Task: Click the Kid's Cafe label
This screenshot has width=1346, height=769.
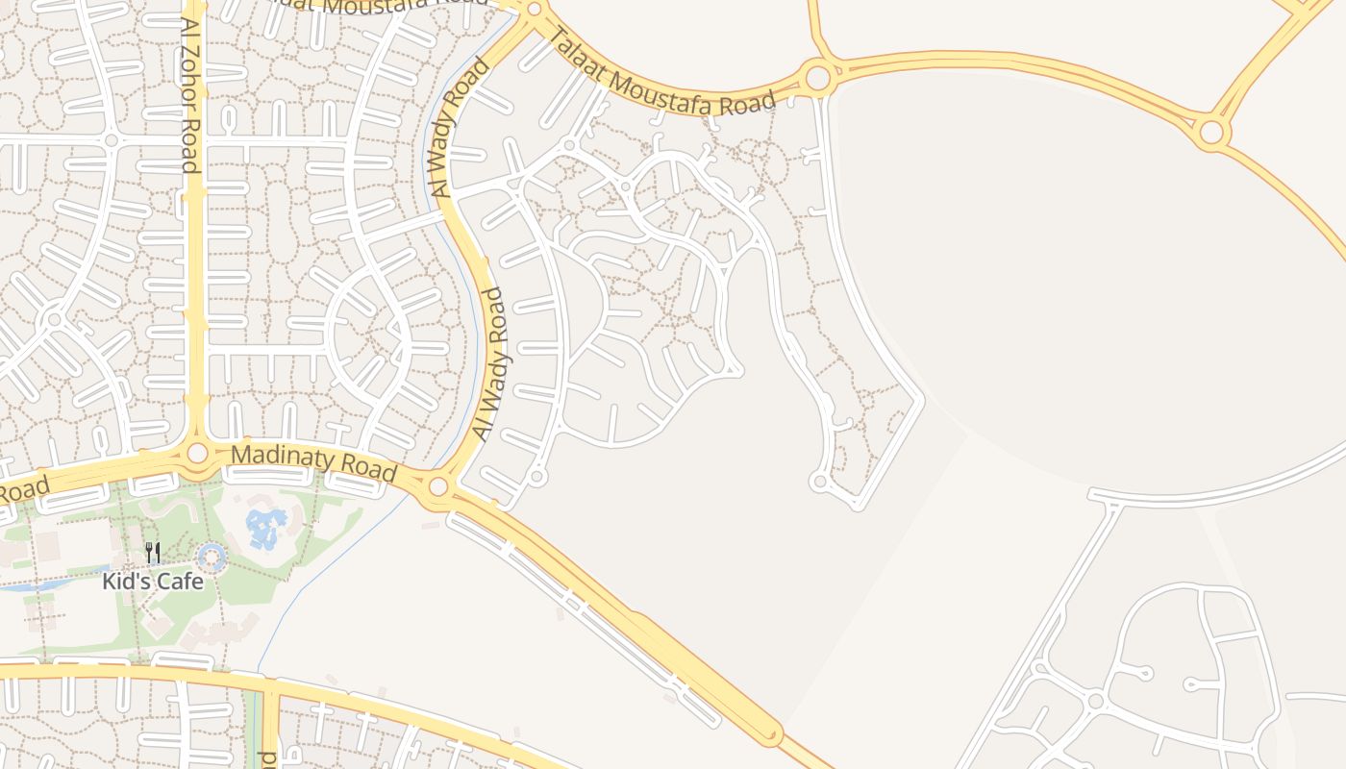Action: click(x=153, y=582)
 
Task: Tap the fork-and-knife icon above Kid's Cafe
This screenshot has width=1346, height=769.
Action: click(x=152, y=554)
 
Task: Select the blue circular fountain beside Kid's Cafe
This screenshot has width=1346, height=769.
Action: click(x=211, y=557)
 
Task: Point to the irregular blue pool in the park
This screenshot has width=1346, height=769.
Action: click(x=265, y=528)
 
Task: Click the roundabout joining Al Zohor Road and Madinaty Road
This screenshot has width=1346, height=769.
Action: click(x=197, y=452)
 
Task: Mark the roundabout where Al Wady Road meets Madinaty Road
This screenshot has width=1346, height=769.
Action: click(x=438, y=486)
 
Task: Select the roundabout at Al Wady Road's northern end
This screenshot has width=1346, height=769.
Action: click(x=535, y=10)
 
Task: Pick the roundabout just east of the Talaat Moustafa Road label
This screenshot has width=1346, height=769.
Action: click(x=817, y=77)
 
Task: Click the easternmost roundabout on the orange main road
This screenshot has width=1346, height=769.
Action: click(x=1210, y=131)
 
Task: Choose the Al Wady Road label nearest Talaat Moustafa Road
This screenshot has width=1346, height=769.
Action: click(x=461, y=128)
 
